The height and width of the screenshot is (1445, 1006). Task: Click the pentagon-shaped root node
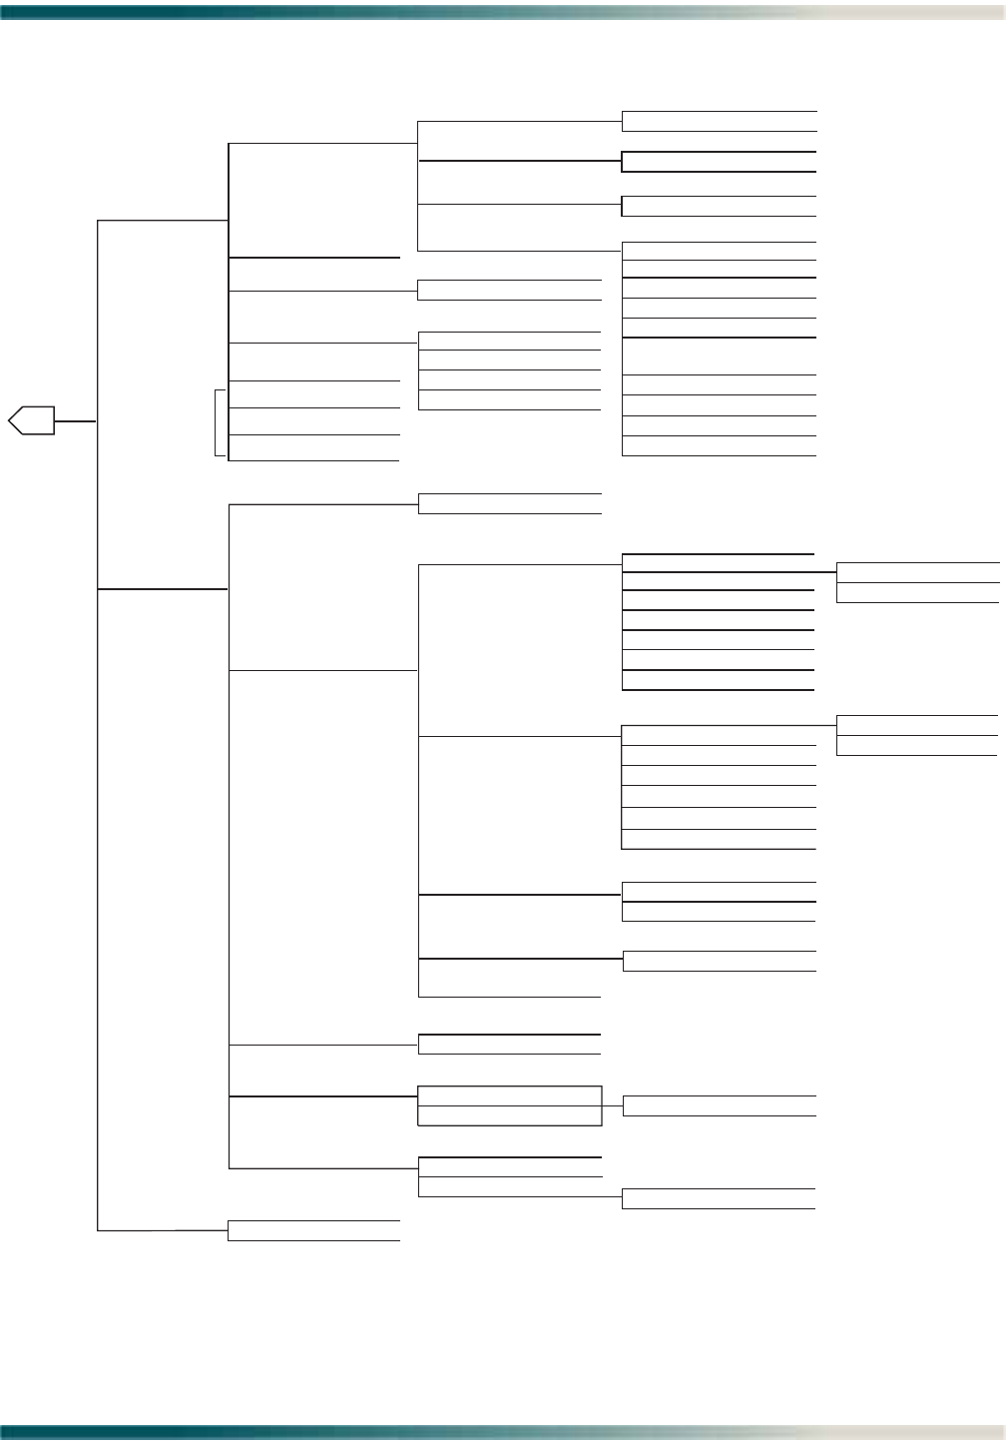pyautogui.click(x=31, y=421)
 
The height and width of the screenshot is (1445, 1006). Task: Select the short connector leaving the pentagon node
pyautogui.click(x=75, y=421)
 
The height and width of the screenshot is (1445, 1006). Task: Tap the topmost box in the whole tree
pyautogui.click(x=719, y=121)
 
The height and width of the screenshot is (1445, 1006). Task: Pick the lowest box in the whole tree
pyautogui.click(x=313, y=1230)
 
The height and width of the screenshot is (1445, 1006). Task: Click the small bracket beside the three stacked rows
pyautogui.click(x=220, y=422)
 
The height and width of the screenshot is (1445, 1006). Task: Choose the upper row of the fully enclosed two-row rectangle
pyautogui.click(x=509, y=1095)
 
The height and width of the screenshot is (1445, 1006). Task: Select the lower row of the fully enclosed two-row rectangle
pyautogui.click(x=509, y=1115)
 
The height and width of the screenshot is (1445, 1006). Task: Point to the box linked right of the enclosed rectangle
pyautogui.click(x=719, y=1105)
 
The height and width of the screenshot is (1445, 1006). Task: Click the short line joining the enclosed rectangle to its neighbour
pyautogui.click(x=612, y=1105)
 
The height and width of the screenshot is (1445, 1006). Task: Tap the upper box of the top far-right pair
pyautogui.click(x=917, y=572)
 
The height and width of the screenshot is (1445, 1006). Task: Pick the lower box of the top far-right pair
pyautogui.click(x=917, y=592)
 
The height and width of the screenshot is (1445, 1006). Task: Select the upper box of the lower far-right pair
pyautogui.click(x=916, y=726)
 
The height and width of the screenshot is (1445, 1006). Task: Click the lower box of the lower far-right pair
pyautogui.click(x=916, y=745)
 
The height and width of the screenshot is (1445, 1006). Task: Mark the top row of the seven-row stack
pyautogui.click(x=718, y=563)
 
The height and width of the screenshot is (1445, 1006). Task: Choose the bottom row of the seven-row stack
pyautogui.click(x=718, y=680)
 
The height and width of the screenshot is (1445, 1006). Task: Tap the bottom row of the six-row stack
pyautogui.click(x=719, y=839)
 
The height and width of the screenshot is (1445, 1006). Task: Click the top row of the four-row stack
pyautogui.click(x=509, y=341)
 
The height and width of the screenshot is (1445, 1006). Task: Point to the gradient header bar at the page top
pyautogui.click(x=503, y=11)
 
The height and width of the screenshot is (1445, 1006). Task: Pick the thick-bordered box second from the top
pyautogui.click(x=719, y=162)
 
